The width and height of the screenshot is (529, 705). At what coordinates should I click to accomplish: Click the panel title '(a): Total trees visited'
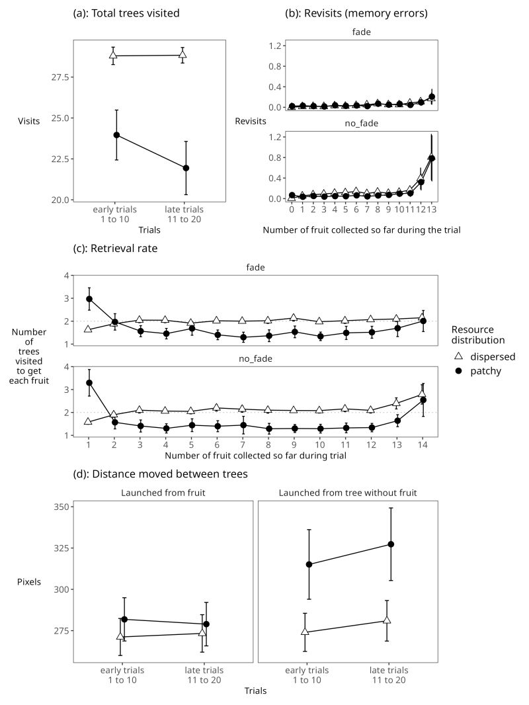pos(126,13)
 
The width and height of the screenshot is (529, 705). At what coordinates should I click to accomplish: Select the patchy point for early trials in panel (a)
pos(116,135)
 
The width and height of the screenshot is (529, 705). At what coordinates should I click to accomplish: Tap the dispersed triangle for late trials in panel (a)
pos(183,55)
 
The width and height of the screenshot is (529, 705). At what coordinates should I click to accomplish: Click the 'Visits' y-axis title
pos(28,121)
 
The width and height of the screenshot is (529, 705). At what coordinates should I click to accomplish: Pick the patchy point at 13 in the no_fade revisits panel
pos(432,158)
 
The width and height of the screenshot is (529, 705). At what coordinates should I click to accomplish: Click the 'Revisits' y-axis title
pos(251,121)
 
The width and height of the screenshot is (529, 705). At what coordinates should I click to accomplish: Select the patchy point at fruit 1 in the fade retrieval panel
pos(89,298)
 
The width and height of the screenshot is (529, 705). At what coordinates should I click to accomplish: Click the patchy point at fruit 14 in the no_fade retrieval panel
pos(423,400)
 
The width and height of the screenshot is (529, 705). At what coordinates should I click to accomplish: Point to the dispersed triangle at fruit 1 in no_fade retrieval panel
pos(89,421)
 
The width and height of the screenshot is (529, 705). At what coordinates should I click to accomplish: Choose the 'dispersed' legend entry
pos(491,356)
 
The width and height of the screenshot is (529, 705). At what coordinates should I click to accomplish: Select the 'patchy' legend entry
pos(485,371)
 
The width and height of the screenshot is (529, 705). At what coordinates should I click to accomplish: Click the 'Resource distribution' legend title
pos(478,335)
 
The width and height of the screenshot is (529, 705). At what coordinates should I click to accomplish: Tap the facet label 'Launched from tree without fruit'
pos(347,493)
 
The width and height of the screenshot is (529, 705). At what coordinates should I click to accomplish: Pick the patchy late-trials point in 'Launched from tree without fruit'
pos(391,544)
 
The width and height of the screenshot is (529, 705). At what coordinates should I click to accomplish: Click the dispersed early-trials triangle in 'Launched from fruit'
pos(120,637)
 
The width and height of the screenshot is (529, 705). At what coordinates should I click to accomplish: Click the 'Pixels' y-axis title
pos(29,582)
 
